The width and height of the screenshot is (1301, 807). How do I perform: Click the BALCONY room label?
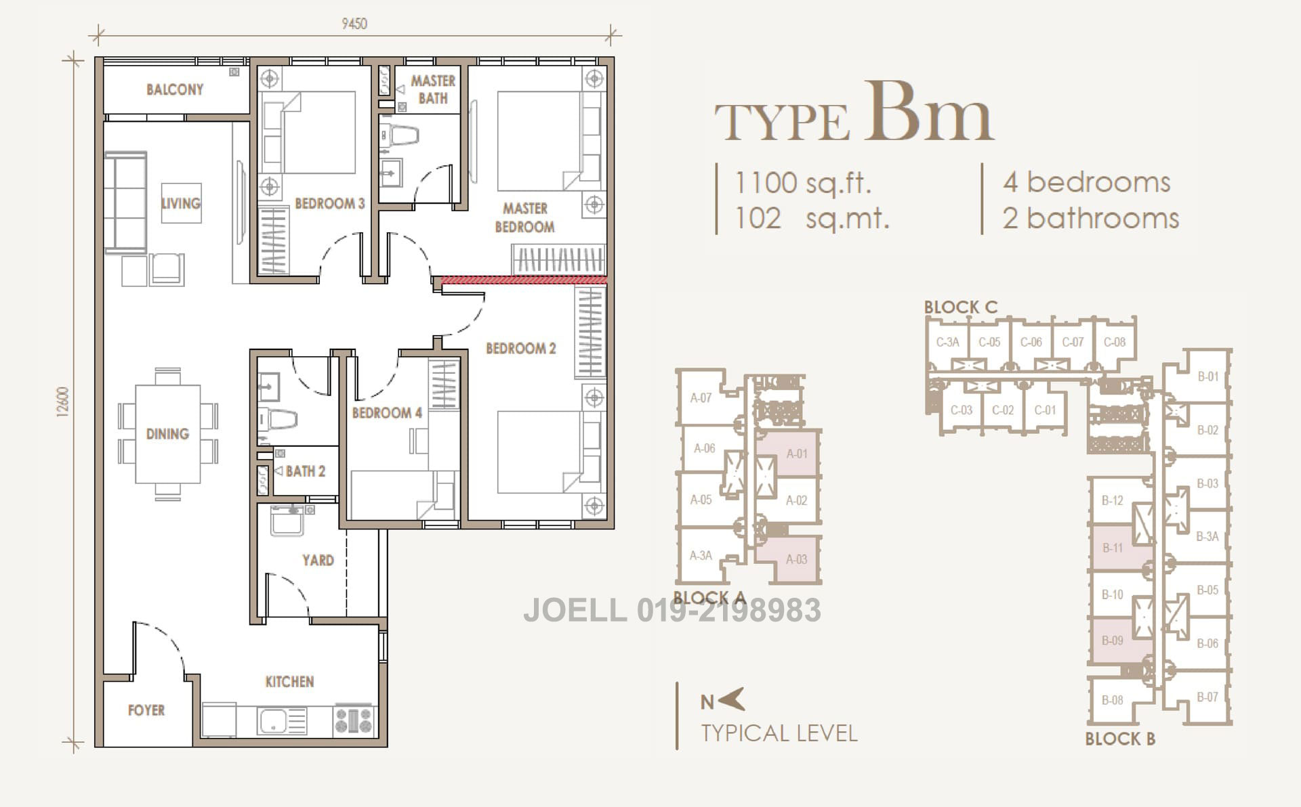click(175, 89)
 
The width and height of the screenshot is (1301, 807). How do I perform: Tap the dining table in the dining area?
click(167, 434)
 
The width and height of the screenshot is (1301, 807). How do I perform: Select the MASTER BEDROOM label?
click(524, 217)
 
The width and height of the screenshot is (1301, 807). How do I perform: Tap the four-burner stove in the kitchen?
click(354, 720)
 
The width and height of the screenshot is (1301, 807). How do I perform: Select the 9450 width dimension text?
click(354, 24)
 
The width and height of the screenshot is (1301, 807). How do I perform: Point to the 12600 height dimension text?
click(63, 403)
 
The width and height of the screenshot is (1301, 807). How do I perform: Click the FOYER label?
click(146, 710)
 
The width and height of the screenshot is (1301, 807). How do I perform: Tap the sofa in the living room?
click(126, 202)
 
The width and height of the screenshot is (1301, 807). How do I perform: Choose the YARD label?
click(318, 560)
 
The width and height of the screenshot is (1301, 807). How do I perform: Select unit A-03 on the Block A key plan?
click(796, 559)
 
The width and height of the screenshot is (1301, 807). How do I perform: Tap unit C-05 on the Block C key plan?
click(989, 343)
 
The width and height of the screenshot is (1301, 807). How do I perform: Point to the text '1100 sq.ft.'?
click(803, 183)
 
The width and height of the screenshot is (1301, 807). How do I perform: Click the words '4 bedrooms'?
click(1087, 182)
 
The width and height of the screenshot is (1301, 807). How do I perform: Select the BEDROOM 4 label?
click(387, 413)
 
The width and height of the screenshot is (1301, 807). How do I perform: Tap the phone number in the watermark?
click(729, 610)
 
